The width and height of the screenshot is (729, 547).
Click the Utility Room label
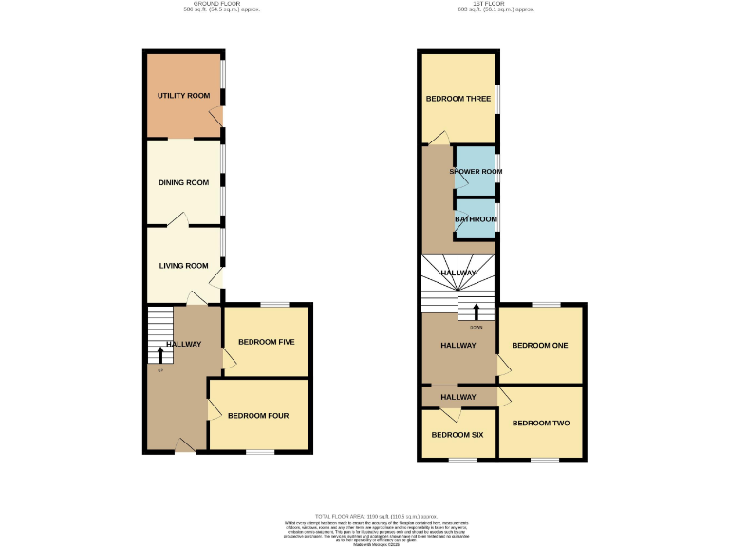(183, 96)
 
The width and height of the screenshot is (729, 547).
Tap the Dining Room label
(183, 182)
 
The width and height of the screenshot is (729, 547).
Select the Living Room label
(183, 266)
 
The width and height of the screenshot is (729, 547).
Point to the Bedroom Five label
(267, 342)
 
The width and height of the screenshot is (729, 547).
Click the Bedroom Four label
(258, 415)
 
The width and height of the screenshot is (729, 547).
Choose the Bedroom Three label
(458, 99)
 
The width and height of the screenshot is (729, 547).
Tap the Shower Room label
(476, 172)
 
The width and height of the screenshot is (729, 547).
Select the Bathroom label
(476, 219)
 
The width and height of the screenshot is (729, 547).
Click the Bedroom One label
(540, 345)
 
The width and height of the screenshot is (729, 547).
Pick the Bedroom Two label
(540, 423)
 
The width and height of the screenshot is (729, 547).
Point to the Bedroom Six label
(458, 435)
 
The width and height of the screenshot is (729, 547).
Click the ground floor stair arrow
(159, 354)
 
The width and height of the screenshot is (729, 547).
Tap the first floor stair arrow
(476, 311)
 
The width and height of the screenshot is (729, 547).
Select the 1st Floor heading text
(495, 4)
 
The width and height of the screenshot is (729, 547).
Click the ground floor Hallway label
(183, 344)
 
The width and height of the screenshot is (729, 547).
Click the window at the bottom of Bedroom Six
(462, 461)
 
